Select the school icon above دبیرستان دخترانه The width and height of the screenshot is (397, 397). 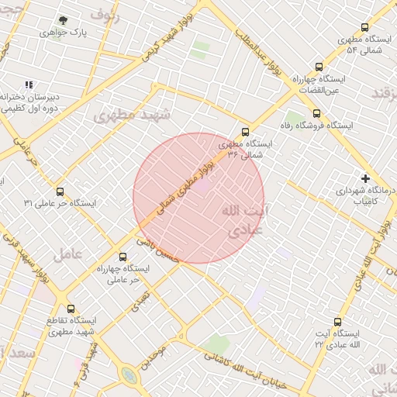[29, 85]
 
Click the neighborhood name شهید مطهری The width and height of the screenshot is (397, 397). [131, 115]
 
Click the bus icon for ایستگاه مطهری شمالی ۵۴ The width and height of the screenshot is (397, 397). [364, 27]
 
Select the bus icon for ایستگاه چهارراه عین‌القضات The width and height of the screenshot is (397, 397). [319, 67]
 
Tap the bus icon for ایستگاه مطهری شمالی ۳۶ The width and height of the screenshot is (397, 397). [246, 133]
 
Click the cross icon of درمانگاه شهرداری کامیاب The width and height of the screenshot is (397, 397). [365, 178]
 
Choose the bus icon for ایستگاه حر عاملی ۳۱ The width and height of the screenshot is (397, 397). [60, 192]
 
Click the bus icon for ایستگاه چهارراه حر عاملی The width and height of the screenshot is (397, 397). [123, 257]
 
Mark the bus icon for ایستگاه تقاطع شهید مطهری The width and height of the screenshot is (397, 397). [71, 309]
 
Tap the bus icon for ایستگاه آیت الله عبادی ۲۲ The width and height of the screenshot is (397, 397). [337, 321]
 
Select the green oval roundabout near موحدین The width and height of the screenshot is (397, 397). [129, 376]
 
